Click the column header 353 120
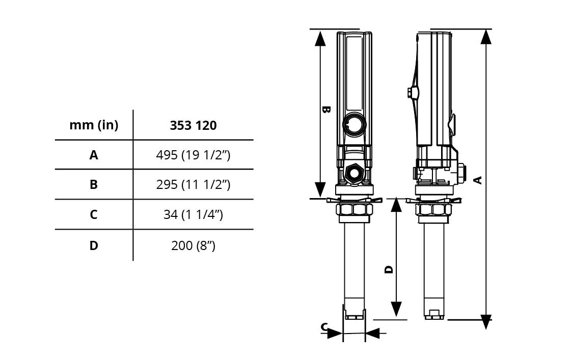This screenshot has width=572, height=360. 193,125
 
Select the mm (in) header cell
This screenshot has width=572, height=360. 94,125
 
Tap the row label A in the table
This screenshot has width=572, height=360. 94,155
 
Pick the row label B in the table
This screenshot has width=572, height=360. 94,184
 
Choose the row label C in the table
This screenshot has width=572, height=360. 94,214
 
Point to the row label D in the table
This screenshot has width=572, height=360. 94,245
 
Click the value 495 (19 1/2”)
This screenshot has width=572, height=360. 193,155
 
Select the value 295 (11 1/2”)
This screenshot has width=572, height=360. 193,184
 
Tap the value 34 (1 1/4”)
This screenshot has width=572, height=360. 193,214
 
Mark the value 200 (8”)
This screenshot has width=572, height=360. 193,246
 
